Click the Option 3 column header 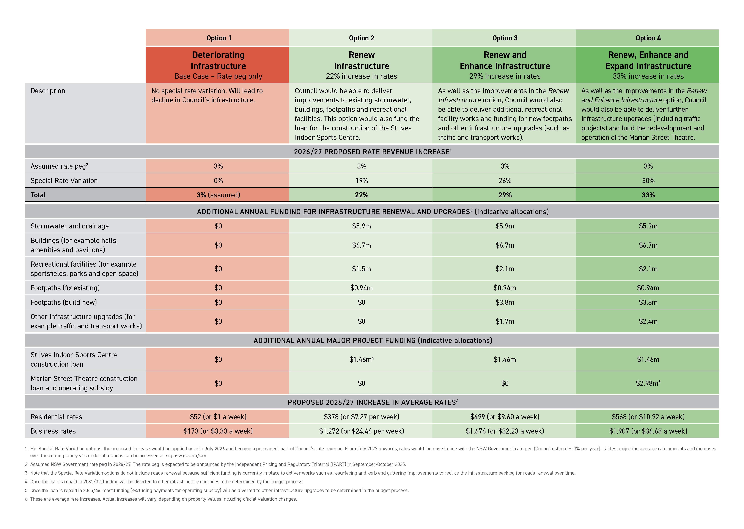click(504, 38)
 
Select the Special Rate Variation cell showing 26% click(504, 181)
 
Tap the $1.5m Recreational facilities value click(361, 269)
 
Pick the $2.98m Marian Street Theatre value click(648, 383)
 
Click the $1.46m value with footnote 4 click(361, 359)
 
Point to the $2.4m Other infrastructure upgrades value click(648, 321)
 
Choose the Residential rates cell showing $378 click(361, 417)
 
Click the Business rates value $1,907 click(648, 431)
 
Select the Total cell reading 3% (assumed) click(218, 195)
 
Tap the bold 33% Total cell click(648, 195)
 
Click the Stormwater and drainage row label click(70, 226)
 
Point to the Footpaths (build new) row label click(64, 302)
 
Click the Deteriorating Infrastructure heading click(218, 60)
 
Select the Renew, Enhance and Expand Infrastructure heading click(648, 60)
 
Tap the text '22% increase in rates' click(361, 76)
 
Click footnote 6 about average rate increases click(163, 499)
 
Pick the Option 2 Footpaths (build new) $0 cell click(361, 302)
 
